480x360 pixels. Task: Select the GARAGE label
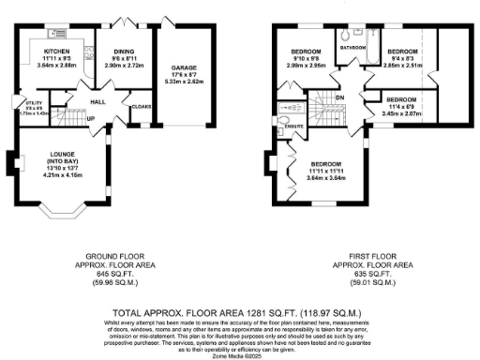[x=183, y=68]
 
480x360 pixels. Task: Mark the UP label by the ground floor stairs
[x=91, y=119]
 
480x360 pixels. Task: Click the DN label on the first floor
[x=340, y=97]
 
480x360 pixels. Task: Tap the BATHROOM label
[x=352, y=46]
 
